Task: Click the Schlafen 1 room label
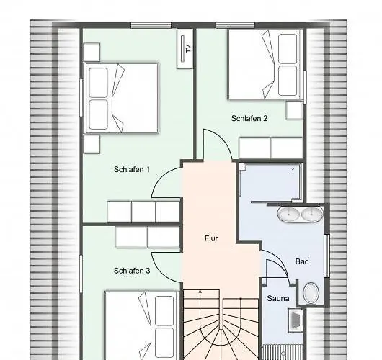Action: (132, 170)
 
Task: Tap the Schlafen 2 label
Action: (249, 118)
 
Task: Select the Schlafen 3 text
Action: (132, 271)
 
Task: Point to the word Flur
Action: (211, 238)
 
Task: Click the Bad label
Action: (302, 261)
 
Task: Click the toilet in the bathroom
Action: (311, 292)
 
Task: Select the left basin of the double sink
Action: (290, 214)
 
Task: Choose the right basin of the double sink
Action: (312, 214)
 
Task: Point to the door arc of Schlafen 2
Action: (217, 144)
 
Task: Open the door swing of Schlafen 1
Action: (167, 184)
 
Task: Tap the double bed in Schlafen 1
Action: (120, 97)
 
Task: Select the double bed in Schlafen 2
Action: (262, 64)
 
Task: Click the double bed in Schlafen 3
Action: (141, 324)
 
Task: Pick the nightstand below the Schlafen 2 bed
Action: (294, 110)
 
